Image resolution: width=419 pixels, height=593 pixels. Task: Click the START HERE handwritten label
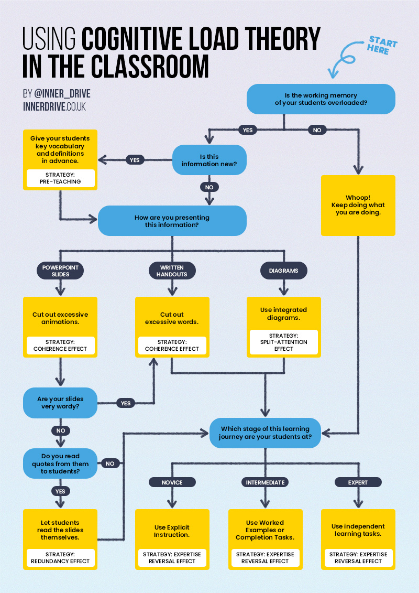[382, 46]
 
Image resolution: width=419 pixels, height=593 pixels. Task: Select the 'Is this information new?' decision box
[209, 160]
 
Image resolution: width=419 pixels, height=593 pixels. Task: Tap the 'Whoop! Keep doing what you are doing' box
[358, 205]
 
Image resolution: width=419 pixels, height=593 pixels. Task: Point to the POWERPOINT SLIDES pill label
[60, 271]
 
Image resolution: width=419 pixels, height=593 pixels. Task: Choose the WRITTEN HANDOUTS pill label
[172, 271]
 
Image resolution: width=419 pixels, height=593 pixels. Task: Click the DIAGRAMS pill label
[283, 271]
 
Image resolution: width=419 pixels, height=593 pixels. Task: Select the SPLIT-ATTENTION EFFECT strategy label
[283, 342]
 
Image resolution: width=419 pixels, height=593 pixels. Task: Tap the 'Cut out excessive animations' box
[60, 318]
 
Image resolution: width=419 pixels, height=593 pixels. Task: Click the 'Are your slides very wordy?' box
[60, 403]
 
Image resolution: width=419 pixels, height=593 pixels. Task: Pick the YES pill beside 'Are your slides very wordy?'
[126, 403]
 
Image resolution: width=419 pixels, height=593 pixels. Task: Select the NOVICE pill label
[172, 482]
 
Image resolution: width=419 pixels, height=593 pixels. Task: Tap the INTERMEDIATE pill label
[266, 482]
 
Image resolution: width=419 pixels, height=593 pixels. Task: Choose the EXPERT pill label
[358, 482]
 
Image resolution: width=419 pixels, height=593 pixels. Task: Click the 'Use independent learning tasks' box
[358, 530]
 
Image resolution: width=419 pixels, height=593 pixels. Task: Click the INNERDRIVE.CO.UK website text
[54, 107]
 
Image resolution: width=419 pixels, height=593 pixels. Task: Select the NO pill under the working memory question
[317, 130]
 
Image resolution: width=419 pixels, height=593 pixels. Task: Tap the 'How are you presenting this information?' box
[172, 221]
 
